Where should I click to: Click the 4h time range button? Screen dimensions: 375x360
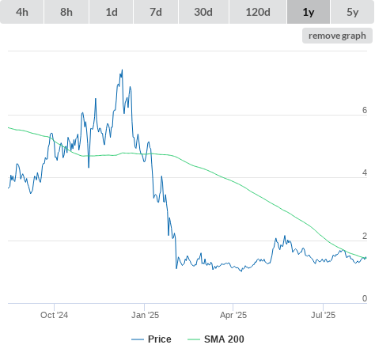22,12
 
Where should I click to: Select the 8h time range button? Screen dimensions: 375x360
66,12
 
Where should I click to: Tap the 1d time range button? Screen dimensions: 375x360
112,12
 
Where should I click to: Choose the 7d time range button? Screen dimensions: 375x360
156,12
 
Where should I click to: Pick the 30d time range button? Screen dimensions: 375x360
203,12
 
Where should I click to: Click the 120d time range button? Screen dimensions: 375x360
258,12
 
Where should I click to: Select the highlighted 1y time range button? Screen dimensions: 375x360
309,12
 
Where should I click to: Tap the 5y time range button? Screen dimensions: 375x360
352,12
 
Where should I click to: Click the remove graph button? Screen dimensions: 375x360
337,36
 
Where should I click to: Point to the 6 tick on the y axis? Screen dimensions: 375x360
365,110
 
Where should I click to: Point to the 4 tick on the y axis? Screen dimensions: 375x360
365,172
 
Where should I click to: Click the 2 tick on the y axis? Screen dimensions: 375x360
365,236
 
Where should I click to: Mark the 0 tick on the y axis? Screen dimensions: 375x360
365,298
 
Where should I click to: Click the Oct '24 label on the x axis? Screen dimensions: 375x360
54,315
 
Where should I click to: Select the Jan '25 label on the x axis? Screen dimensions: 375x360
145,315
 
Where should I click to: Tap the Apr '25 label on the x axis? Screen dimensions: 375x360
233,315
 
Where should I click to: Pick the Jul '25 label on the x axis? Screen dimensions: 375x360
323,315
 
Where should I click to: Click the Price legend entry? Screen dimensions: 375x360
151,339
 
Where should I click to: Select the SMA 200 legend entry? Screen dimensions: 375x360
216,339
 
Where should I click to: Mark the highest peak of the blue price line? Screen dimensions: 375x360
122,70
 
